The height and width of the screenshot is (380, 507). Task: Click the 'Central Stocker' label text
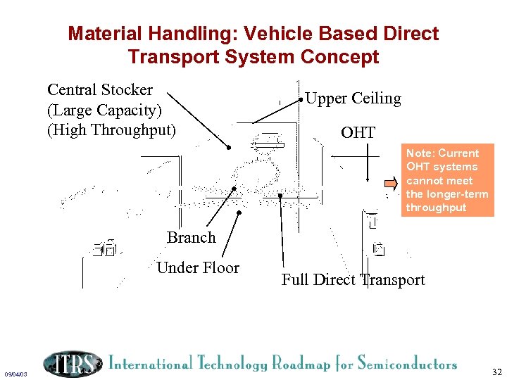99,90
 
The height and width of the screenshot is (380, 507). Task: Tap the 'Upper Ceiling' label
353,99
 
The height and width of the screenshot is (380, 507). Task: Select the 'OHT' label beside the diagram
358,132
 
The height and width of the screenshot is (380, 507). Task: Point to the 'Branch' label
191,237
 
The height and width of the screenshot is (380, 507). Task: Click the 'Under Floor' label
198,267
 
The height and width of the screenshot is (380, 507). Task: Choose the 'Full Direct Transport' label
353,280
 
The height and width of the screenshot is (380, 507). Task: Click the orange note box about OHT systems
449,180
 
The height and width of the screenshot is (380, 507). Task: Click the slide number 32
496,372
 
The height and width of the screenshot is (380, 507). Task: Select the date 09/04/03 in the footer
15,374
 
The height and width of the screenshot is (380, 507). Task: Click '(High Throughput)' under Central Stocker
111,130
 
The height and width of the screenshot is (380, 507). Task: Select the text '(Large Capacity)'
104,110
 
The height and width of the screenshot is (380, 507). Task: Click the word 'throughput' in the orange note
436,208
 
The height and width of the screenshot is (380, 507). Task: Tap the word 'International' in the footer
149,364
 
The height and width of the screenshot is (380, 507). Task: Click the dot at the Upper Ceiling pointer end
301,100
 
